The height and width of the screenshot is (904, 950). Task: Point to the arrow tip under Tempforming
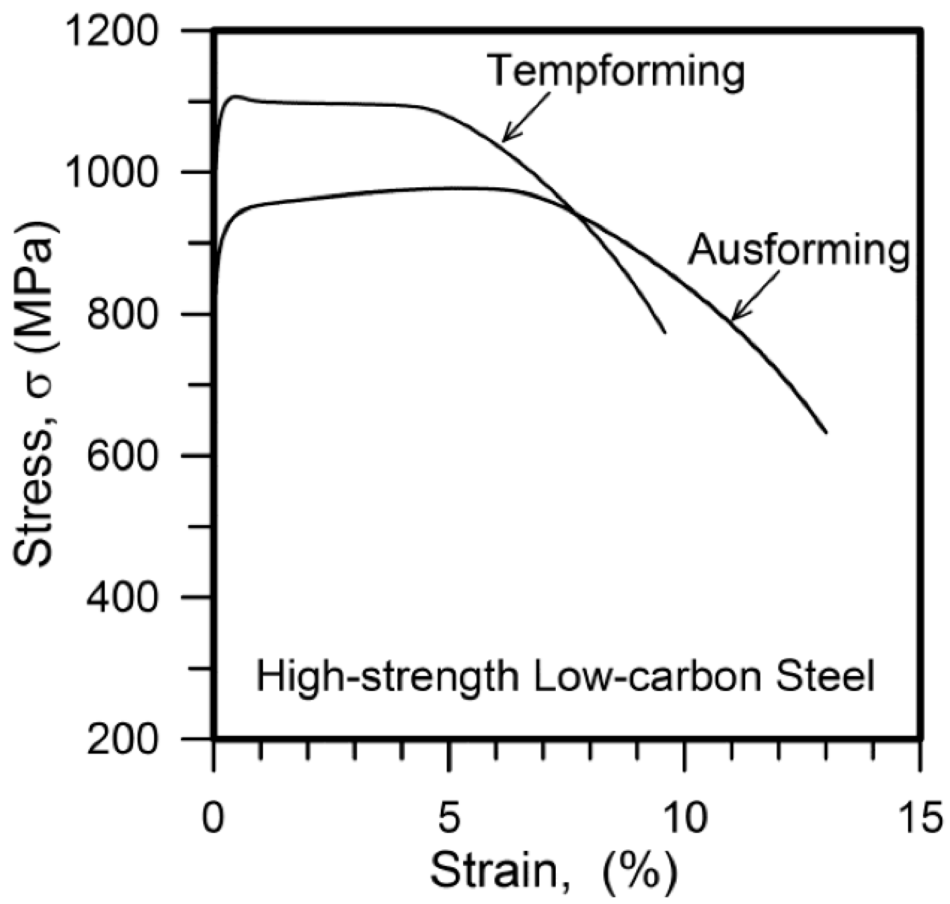[503, 141]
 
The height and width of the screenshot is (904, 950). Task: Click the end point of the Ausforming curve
[826, 433]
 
